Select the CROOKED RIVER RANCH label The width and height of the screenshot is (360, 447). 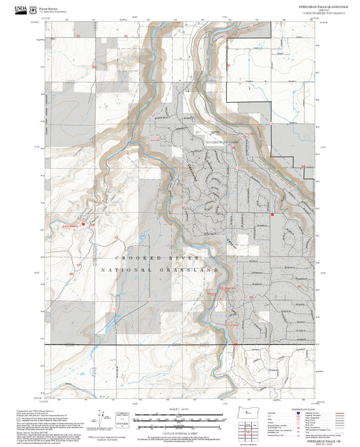pos(222,142)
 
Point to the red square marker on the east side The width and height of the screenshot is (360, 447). pos(272,214)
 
